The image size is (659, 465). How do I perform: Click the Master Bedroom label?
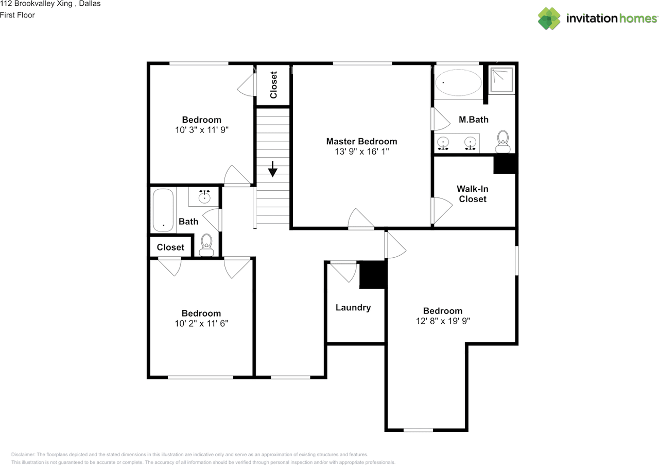tap(361, 141)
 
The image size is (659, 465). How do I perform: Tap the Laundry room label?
tap(353, 308)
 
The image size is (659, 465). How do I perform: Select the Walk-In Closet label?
tap(473, 194)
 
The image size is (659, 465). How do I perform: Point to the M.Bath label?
tap(473, 120)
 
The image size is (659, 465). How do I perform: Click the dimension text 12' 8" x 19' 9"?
tap(443, 321)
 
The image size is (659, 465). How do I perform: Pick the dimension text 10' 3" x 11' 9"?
tap(202, 130)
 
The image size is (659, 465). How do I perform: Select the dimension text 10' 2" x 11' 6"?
tap(201, 324)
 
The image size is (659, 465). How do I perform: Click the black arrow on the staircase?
tap(273, 169)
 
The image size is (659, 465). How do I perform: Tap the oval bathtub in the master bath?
tap(458, 82)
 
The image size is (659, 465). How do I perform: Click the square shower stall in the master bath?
tap(502, 79)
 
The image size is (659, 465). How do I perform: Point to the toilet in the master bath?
tap(503, 141)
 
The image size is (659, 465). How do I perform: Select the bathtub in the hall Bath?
tap(163, 210)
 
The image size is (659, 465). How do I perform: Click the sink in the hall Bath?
tap(204, 196)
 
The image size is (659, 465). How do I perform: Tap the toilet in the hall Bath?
tap(206, 245)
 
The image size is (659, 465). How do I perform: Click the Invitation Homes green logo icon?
tap(549, 19)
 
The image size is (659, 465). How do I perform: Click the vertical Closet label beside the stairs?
tap(273, 85)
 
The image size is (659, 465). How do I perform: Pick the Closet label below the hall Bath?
tap(170, 247)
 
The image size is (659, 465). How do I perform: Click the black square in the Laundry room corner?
tap(372, 275)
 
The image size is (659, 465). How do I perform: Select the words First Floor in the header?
tap(18, 15)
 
